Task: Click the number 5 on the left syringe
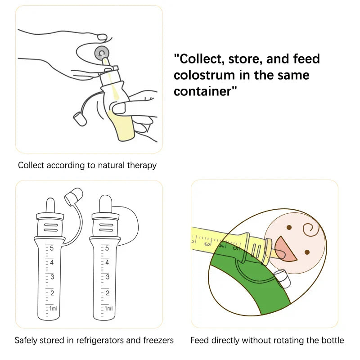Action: click(52, 248)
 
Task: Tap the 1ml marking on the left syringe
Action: click(53, 309)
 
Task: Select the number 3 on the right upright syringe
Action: click(107, 277)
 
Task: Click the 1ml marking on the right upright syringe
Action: click(108, 309)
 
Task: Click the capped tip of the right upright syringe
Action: click(105, 202)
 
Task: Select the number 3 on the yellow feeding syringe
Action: click(207, 243)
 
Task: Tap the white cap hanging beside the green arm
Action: click(282, 279)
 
